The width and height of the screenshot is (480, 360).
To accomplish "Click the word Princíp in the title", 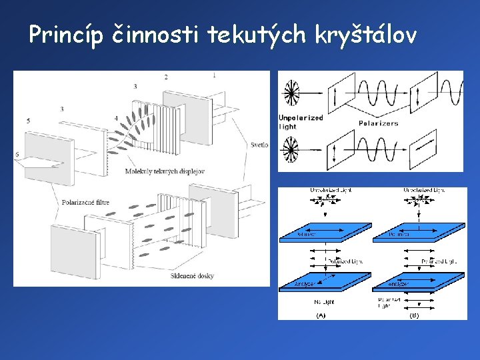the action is [65, 35].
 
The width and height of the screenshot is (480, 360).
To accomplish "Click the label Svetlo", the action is [260, 145].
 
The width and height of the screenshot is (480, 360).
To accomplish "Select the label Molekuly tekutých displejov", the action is [165, 171].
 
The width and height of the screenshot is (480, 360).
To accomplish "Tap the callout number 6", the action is [17, 155].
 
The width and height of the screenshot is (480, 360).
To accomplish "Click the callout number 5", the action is [29, 121].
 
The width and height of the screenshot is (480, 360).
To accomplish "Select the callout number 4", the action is [116, 118].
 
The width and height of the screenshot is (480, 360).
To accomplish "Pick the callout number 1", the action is [214, 75].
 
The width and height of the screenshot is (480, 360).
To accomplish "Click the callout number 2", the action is [166, 77].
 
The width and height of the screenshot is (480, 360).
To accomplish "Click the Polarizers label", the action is [378, 123].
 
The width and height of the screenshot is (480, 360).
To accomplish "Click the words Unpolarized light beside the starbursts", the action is [301, 122].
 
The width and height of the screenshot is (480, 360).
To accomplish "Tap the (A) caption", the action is [320, 315].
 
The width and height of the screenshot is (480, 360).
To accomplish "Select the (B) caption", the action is [413, 315].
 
